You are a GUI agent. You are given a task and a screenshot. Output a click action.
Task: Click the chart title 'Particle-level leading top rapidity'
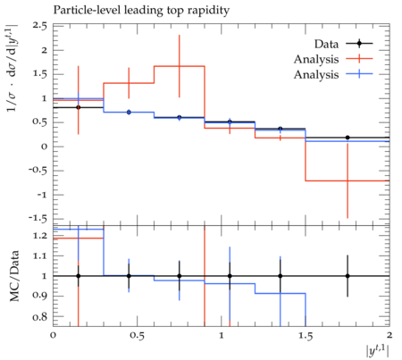141,11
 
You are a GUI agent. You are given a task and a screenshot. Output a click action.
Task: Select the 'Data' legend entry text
326,44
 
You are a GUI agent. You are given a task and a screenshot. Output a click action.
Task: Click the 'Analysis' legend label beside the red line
316,59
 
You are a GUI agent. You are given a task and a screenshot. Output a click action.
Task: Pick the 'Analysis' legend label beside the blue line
316,74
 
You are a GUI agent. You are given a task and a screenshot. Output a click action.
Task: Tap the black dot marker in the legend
359,44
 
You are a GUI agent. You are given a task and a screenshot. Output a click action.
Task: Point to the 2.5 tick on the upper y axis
40,26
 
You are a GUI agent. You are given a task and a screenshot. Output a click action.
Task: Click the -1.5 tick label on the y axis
38,219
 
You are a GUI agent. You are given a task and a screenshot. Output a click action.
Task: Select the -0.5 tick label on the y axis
38,171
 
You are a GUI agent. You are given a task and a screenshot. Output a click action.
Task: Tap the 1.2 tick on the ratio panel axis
40,236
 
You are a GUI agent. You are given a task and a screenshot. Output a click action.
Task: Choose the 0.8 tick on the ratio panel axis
40,316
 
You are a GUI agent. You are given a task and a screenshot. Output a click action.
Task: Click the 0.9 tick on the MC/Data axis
40,297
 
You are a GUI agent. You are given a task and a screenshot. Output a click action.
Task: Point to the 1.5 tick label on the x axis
306,336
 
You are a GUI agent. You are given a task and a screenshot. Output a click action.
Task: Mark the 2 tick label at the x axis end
389,336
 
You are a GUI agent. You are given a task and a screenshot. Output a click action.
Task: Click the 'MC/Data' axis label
14,276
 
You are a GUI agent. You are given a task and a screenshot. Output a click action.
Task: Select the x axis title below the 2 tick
378,350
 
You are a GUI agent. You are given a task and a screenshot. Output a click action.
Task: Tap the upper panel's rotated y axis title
12,68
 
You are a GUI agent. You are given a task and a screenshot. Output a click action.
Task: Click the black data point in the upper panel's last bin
348,138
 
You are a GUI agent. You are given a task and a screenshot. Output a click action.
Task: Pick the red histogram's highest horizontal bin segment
180,66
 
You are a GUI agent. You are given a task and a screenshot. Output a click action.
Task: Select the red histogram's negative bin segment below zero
348,180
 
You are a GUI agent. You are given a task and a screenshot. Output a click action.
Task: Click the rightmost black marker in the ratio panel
348,276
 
